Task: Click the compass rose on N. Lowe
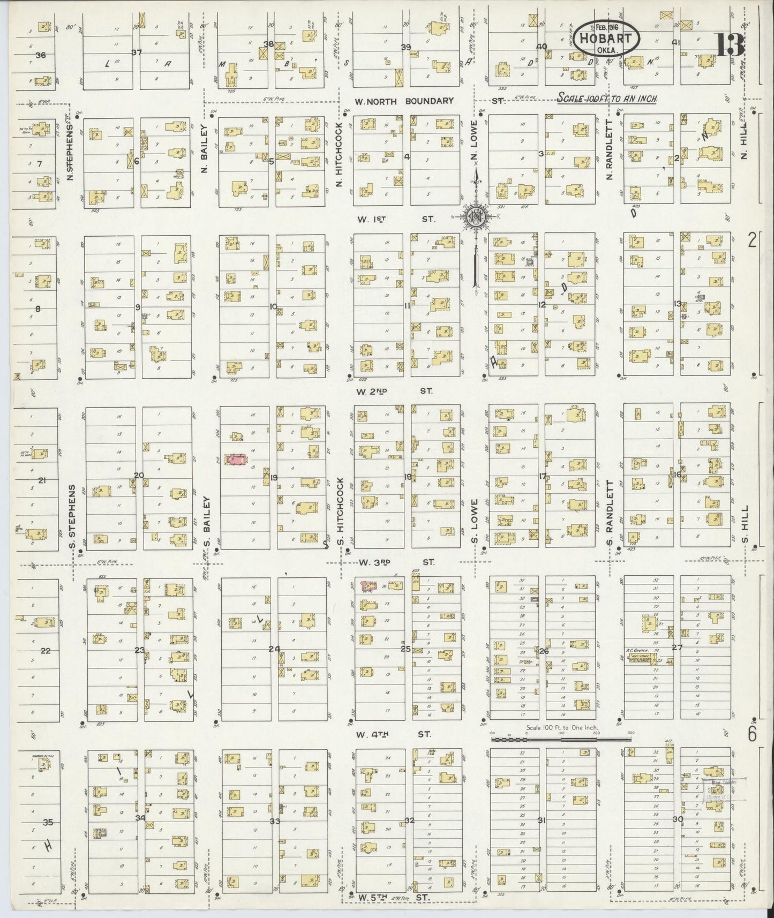coord(476,215)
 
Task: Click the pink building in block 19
coord(236,460)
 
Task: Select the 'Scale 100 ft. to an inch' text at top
coord(607,99)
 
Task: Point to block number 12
coord(542,305)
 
